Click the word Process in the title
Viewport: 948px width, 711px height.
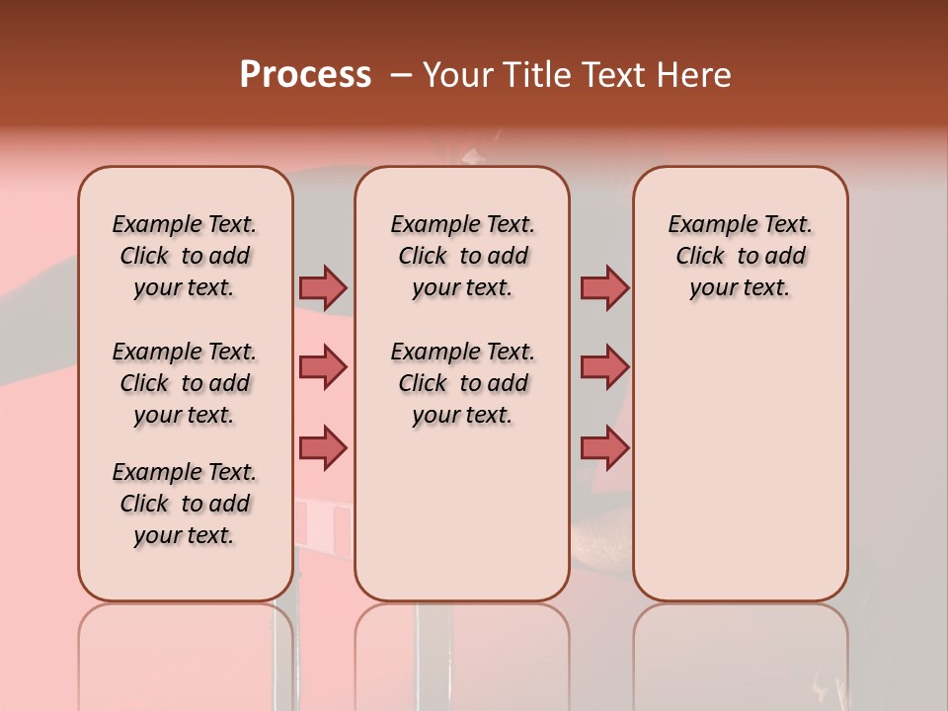305,75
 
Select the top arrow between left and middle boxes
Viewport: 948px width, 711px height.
323,287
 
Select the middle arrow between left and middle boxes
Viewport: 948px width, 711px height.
323,367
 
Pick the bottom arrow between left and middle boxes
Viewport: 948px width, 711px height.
323,447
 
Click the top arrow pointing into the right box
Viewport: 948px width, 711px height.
604,287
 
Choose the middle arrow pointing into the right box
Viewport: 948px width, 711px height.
604,367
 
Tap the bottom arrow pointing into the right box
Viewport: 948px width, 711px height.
604,447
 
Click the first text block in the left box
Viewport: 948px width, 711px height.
185,256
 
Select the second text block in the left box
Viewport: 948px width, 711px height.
185,383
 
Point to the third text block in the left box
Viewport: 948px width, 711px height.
185,504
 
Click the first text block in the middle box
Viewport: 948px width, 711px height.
462,256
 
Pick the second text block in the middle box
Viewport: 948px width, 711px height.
462,383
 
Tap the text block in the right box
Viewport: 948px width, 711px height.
740,256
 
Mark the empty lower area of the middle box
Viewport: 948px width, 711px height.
462,513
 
